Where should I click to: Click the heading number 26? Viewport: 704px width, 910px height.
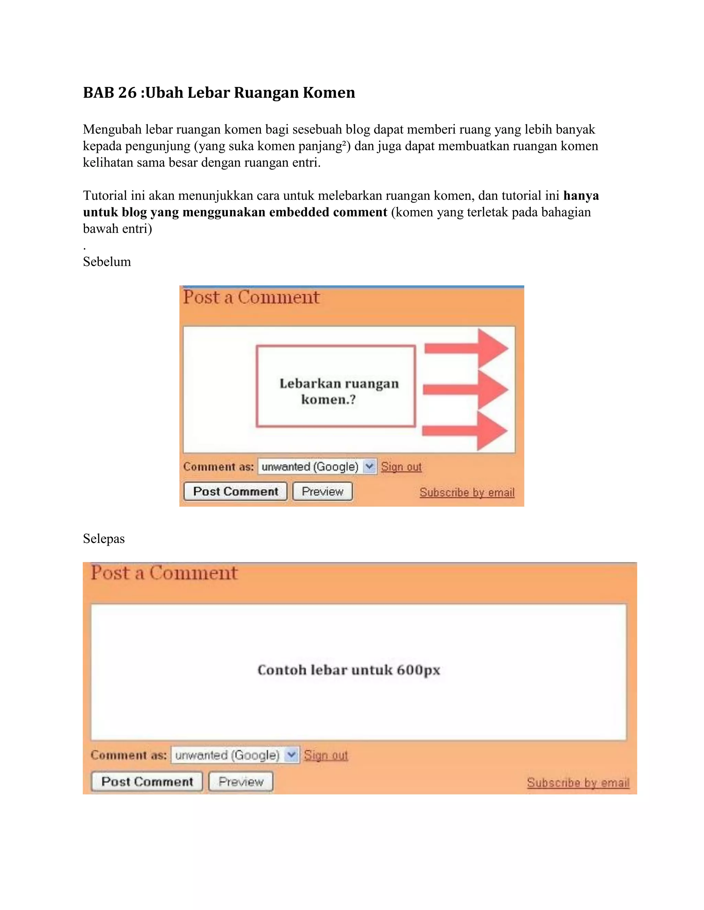[x=127, y=92]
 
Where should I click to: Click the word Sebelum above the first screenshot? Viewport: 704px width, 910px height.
[x=107, y=262]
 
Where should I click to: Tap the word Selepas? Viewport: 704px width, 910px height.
[x=104, y=539]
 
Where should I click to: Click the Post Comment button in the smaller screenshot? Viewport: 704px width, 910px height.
[x=235, y=492]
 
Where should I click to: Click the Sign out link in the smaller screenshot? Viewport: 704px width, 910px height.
[x=401, y=467]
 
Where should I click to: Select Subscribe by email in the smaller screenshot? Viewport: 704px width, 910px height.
[x=467, y=492]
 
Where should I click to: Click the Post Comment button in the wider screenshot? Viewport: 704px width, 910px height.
[x=147, y=782]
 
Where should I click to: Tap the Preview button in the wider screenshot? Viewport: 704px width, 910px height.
[x=241, y=782]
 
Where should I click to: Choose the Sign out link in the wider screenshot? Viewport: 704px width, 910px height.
[x=326, y=755]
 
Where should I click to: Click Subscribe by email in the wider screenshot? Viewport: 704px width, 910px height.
[x=578, y=783]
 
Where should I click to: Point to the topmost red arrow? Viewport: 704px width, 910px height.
[x=467, y=348]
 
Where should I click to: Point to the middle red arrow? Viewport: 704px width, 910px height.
[x=466, y=390]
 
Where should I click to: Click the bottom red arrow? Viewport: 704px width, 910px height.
[x=465, y=431]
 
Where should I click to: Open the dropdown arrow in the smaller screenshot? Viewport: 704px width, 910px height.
[x=370, y=466]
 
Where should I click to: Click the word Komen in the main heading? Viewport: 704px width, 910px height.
[x=329, y=92]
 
